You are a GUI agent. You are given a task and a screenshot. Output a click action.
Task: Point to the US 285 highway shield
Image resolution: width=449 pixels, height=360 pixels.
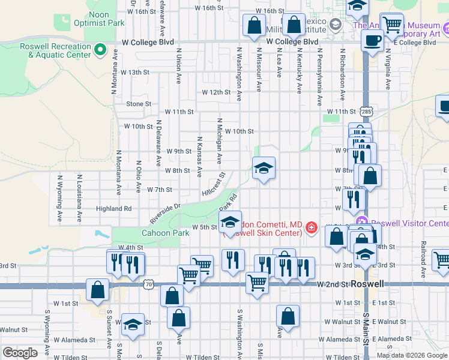(367, 111)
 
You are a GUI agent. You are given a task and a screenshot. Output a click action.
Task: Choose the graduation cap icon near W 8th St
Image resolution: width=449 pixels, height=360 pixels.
(264, 169)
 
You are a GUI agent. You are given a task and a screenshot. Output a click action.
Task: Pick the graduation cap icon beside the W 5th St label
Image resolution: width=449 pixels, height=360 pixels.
(230, 222)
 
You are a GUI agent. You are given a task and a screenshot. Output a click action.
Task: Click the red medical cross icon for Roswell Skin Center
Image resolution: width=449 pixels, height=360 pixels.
(311, 227)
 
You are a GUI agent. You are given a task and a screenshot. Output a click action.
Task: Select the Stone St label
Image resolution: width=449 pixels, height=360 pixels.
(139, 104)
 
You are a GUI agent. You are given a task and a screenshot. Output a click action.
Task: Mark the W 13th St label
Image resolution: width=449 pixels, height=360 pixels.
(134, 72)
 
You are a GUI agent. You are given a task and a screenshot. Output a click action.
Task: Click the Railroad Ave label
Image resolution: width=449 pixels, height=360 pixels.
(423, 256)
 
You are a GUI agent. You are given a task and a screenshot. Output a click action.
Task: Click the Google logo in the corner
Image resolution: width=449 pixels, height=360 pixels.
(20, 353)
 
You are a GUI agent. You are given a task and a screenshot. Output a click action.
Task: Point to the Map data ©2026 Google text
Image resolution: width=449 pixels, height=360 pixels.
(412, 355)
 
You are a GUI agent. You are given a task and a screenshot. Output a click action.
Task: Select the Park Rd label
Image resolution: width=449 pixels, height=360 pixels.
(233, 201)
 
